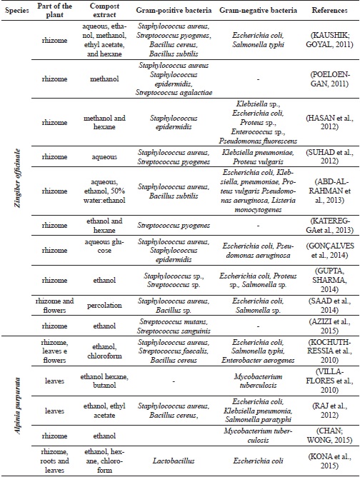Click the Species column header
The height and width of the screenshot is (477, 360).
point(16,13)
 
